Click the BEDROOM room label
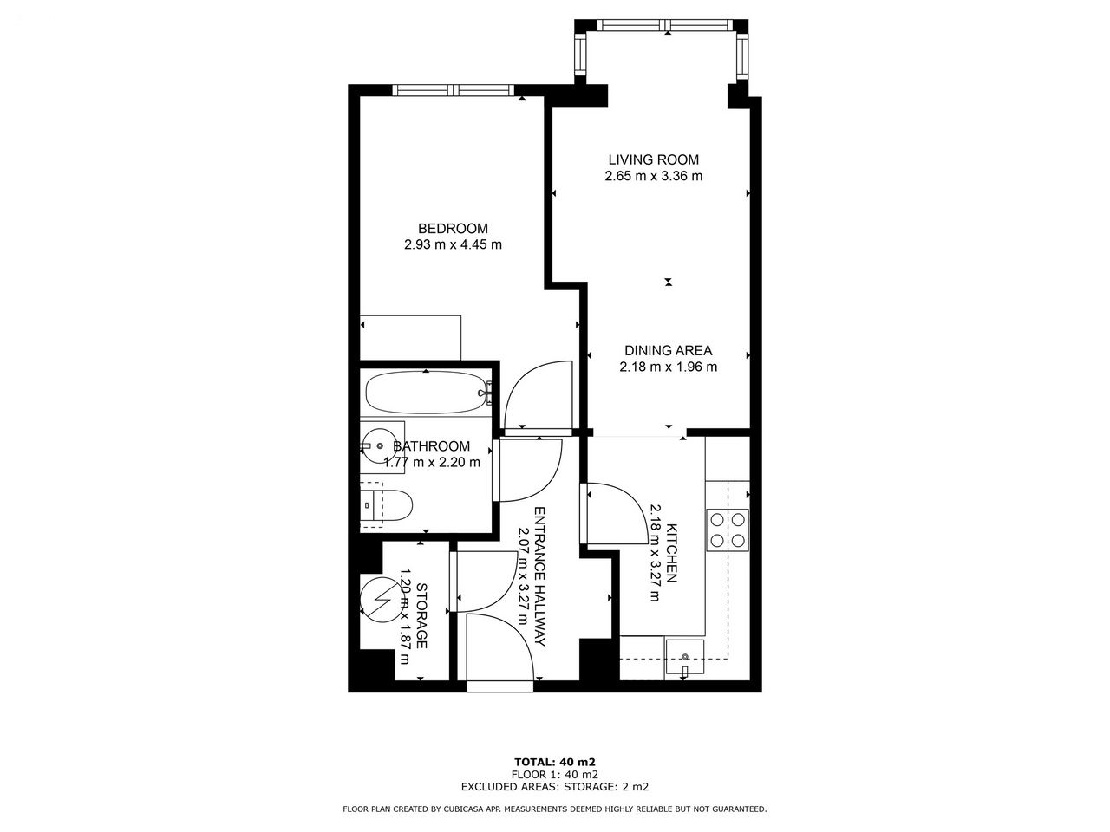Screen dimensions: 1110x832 [x=453, y=228]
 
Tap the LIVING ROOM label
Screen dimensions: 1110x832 [x=653, y=160]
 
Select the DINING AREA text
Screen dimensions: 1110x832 [x=668, y=351]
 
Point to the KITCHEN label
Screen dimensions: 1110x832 [x=672, y=553]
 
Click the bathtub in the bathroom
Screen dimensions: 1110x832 [x=426, y=393]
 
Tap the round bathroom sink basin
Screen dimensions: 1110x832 [x=379, y=446]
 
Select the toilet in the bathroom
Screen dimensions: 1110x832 [x=387, y=504]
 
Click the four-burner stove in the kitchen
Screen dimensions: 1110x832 [x=728, y=530]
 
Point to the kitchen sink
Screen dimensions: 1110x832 [x=685, y=659]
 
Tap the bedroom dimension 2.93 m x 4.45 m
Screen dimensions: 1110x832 [x=453, y=245]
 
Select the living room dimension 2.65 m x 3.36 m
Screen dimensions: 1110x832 [x=653, y=176]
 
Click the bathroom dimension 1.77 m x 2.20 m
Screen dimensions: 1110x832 [x=432, y=462]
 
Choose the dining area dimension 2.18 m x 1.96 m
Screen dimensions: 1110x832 [x=668, y=367]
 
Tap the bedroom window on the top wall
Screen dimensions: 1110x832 [x=454, y=90]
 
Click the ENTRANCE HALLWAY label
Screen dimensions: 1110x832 [x=539, y=576]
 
